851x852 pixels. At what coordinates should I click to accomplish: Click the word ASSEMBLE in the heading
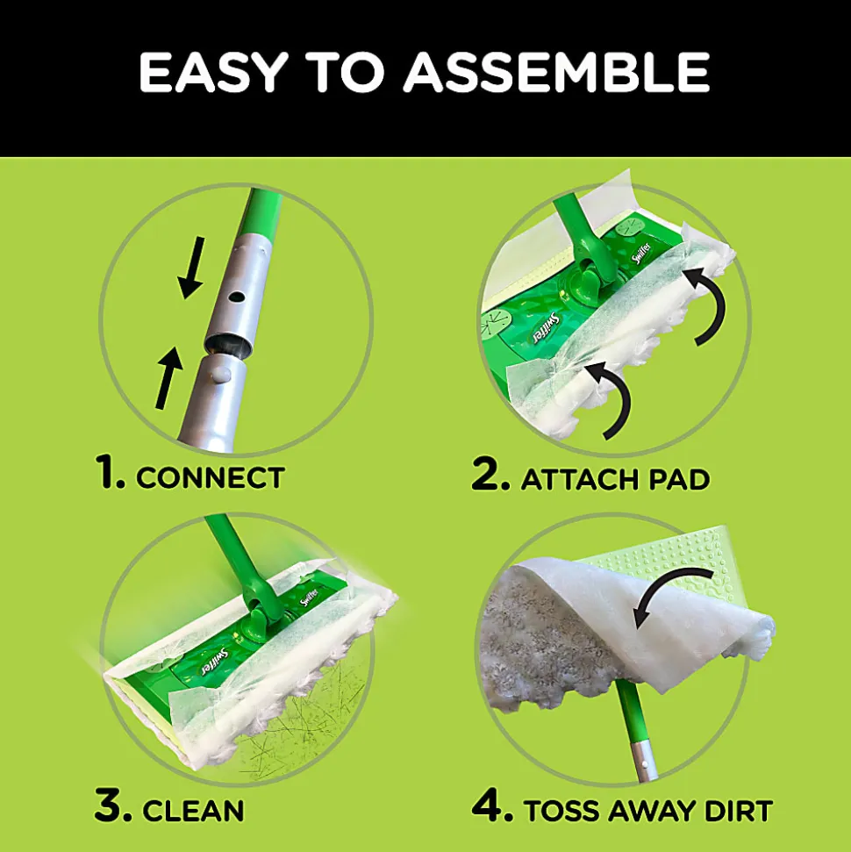pyautogui.click(x=556, y=72)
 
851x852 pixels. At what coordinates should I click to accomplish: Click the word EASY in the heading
pyautogui.click(x=213, y=72)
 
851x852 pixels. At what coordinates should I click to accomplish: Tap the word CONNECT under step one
pyautogui.click(x=211, y=477)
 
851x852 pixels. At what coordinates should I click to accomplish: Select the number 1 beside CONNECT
pyautogui.click(x=110, y=472)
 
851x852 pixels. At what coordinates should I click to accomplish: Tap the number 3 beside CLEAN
pyautogui.click(x=112, y=805)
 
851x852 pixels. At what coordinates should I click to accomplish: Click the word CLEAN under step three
pyautogui.click(x=193, y=811)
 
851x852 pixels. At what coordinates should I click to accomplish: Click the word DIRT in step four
pyautogui.click(x=739, y=812)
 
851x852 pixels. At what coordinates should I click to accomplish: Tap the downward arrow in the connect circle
pyautogui.click(x=192, y=268)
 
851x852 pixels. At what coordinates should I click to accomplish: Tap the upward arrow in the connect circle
pyautogui.click(x=169, y=377)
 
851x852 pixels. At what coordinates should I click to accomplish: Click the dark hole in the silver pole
pyautogui.click(x=236, y=297)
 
